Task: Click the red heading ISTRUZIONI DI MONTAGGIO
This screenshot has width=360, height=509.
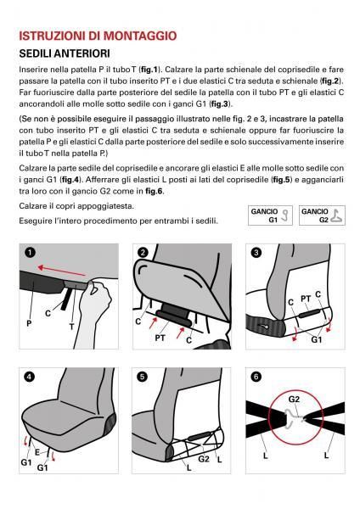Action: pos(98,36)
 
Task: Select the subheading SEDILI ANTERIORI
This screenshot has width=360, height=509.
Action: pos(65,53)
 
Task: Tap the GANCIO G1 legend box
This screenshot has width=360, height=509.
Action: pos(270,215)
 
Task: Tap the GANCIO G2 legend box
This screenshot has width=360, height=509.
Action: pos(322,215)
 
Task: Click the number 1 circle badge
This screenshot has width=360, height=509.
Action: pos(30,252)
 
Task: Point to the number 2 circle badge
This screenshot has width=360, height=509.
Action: pos(143,252)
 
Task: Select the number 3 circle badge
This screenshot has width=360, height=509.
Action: pos(256,252)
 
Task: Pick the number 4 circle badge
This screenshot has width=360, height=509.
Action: pos(30,377)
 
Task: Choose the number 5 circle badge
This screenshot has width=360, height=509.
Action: pos(143,377)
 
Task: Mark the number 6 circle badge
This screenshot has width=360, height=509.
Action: pos(256,377)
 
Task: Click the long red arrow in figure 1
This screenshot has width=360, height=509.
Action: pos(61,271)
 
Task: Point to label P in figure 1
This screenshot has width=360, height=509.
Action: pos(29,324)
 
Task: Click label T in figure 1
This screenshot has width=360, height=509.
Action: pos(72,327)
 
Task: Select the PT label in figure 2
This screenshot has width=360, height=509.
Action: pos(160,338)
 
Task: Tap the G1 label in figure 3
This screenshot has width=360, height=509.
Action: pos(317,339)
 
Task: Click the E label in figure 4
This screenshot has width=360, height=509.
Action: pos(37,452)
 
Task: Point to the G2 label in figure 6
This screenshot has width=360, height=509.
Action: pos(294,399)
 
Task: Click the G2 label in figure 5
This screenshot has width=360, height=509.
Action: pos(204,459)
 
